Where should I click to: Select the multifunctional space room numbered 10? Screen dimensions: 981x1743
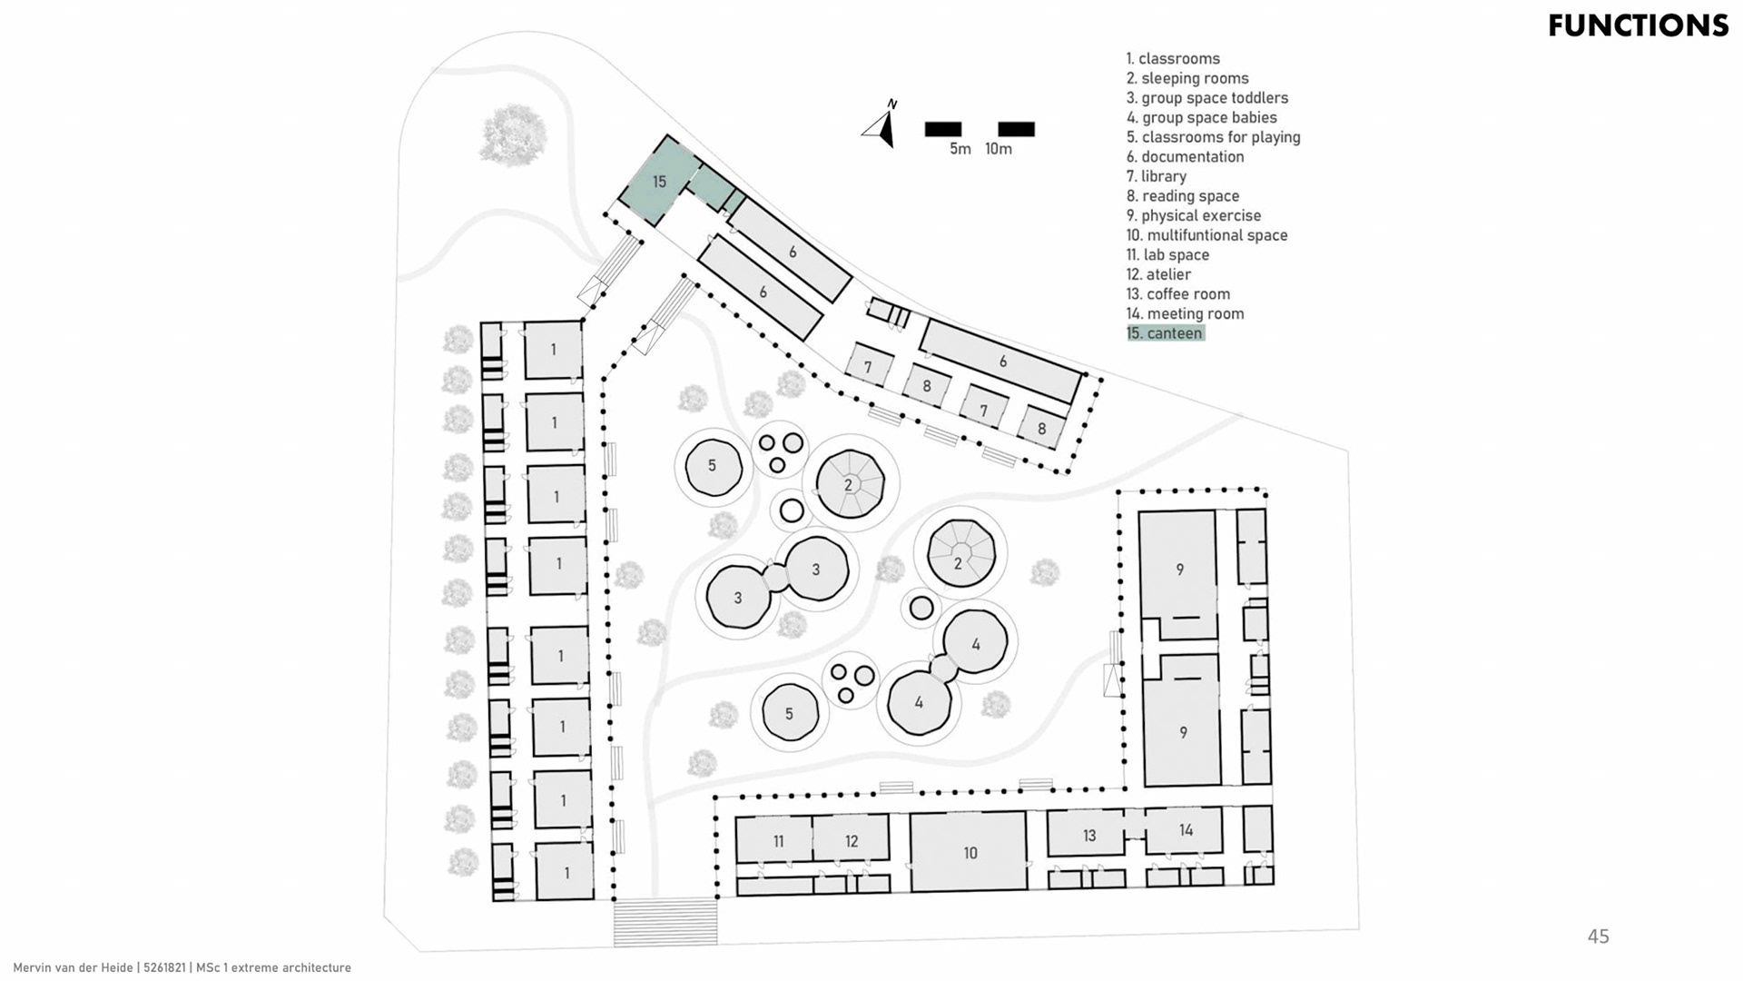(970, 852)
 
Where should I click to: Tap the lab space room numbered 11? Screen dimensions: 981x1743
(777, 840)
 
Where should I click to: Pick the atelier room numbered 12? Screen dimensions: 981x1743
(852, 840)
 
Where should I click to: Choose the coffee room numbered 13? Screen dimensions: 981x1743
(1088, 835)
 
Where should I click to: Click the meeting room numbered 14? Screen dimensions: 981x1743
(1186, 830)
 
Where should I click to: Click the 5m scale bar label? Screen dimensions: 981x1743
(960, 149)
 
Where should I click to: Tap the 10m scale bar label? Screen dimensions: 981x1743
(999, 149)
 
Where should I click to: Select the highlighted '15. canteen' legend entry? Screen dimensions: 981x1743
(1165, 333)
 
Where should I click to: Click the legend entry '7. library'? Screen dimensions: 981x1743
(1156, 176)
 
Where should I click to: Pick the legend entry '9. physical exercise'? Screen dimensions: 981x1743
(1193, 215)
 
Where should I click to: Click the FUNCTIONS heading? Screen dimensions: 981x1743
(1638, 25)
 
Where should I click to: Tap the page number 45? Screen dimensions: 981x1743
(1598, 936)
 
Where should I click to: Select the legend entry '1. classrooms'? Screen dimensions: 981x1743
(1173, 58)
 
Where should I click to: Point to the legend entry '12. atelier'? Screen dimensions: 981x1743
(1158, 274)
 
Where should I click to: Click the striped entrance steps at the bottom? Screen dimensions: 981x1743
(665, 921)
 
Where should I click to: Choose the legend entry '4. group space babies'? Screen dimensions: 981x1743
(1201, 117)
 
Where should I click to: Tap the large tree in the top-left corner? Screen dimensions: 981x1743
(514, 134)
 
